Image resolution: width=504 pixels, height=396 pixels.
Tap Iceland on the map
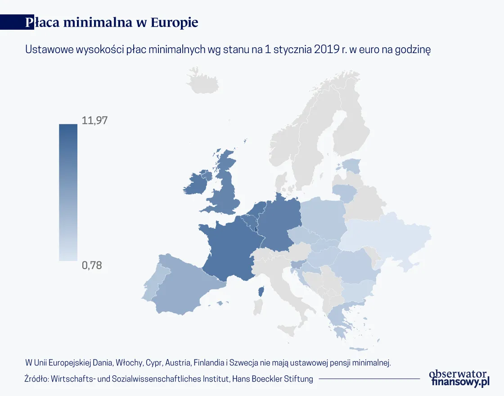202,81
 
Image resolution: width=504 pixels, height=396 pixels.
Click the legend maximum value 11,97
94,120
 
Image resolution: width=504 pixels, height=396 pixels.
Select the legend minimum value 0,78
92,265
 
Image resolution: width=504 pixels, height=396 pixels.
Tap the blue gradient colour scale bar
68,193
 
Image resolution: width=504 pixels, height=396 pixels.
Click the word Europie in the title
174,22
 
